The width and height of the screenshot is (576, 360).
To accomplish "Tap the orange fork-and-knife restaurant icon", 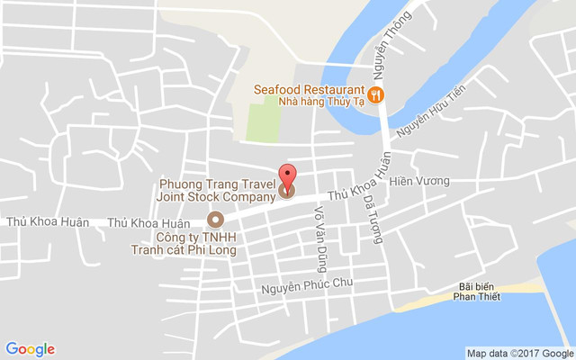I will coord(376,93).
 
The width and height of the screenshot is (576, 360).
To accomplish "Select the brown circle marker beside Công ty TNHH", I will coord(214,219).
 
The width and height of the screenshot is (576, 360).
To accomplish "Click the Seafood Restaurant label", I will coord(308,90).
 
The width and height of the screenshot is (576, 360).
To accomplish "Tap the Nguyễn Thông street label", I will coord(388,47).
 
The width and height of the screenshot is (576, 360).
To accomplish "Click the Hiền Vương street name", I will coord(419,181).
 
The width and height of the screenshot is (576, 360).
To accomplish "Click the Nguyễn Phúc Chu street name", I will coord(307,287).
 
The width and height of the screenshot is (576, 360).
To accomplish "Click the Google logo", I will coord(31,349).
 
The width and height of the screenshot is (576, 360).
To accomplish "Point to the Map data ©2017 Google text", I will coord(519,353).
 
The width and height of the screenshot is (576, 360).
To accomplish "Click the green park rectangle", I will coord(263,121).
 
